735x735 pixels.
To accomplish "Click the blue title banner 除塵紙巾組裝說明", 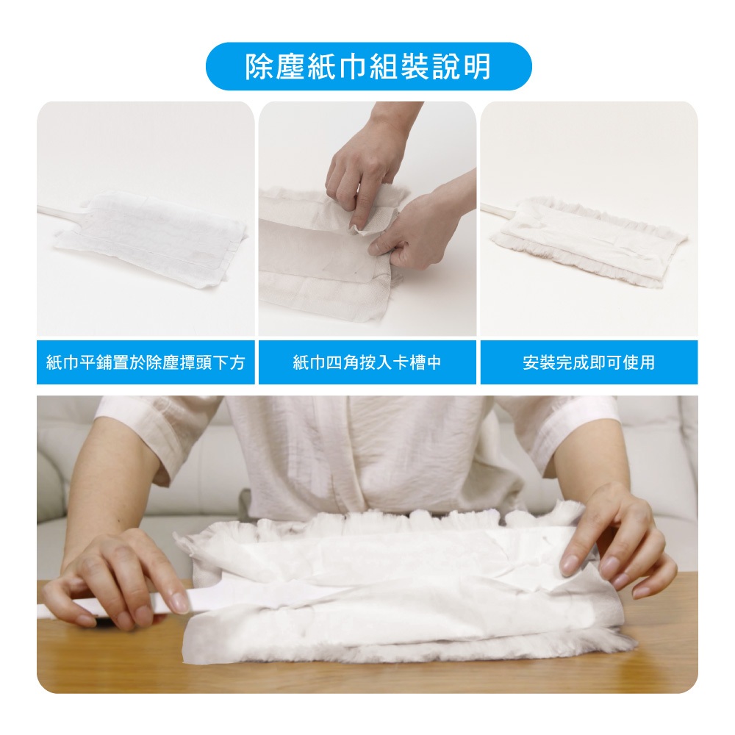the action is coord(368,66).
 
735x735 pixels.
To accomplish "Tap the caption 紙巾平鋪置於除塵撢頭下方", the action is coord(146,362).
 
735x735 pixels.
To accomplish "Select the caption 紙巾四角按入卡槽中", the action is coord(367,362).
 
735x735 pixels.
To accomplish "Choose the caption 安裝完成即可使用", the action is coord(589,362).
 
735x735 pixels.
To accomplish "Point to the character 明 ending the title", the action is coord(477,67).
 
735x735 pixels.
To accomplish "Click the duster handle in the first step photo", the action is coord(62,214).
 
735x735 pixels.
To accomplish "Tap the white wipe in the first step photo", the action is coord(151,238).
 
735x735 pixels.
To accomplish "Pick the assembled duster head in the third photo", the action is coord(588,241).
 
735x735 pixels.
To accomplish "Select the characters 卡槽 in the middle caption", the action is coord(408,362).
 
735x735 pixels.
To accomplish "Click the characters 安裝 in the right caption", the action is coord(539,362).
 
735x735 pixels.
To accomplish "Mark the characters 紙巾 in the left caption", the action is coord(62,362).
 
